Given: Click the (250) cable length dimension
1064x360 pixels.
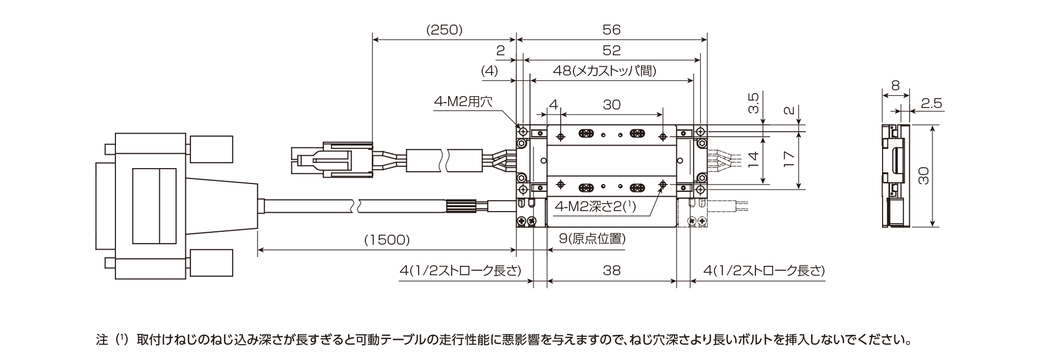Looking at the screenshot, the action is (x=444, y=30).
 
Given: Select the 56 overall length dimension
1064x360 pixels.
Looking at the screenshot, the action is (x=612, y=30).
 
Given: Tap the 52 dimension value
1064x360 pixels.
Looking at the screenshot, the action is (x=612, y=51).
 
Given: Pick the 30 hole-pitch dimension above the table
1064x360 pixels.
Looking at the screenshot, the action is (x=612, y=105).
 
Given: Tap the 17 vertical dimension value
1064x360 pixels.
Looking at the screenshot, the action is (x=789, y=159).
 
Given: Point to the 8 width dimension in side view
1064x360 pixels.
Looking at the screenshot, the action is (x=895, y=85).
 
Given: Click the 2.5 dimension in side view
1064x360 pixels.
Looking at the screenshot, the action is (x=931, y=104).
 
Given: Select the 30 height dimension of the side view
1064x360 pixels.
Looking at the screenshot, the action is (x=924, y=175).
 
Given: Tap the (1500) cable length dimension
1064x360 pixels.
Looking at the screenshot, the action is (x=387, y=240).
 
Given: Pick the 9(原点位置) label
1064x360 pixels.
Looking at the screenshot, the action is (x=592, y=239).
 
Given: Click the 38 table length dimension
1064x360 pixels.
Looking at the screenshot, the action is (x=612, y=271).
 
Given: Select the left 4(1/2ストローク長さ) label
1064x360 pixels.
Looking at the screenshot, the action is (x=460, y=271).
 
